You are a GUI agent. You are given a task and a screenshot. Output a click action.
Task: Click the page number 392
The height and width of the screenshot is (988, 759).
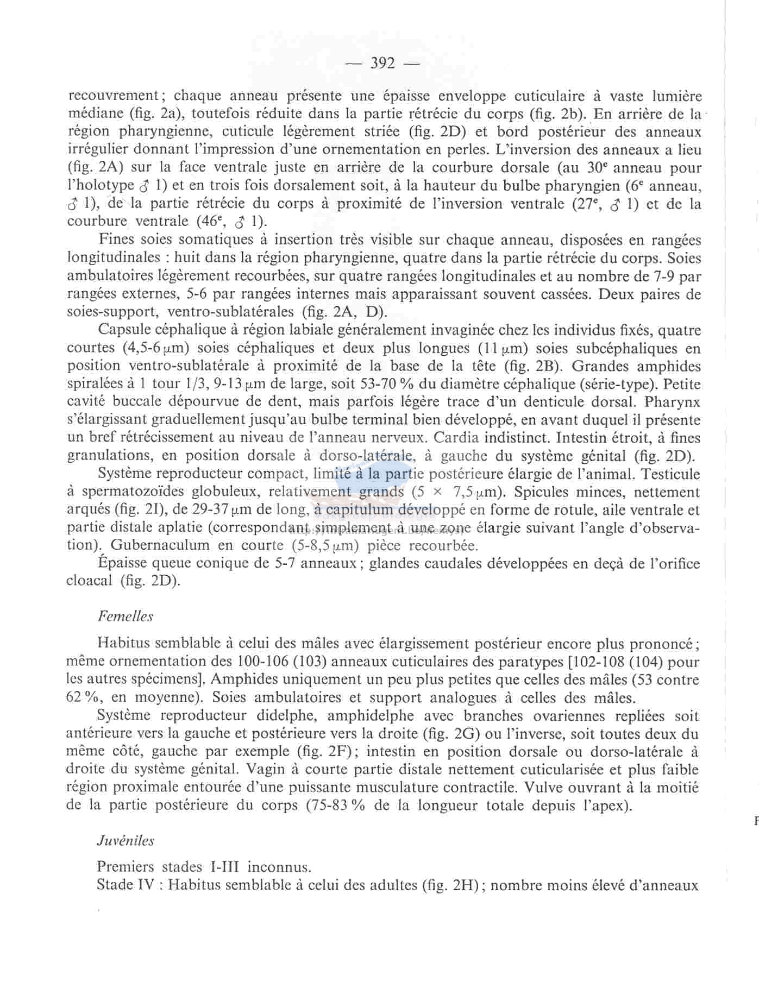(x=383, y=64)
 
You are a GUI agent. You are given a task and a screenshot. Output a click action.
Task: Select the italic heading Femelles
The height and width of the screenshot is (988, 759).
(x=126, y=616)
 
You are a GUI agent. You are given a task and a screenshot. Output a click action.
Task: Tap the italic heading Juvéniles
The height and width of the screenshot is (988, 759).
(x=126, y=841)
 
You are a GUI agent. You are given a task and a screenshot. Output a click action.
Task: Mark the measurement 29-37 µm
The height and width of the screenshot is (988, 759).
(x=233, y=510)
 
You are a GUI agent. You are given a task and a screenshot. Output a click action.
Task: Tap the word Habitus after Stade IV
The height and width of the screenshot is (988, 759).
(x=195, y=885)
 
